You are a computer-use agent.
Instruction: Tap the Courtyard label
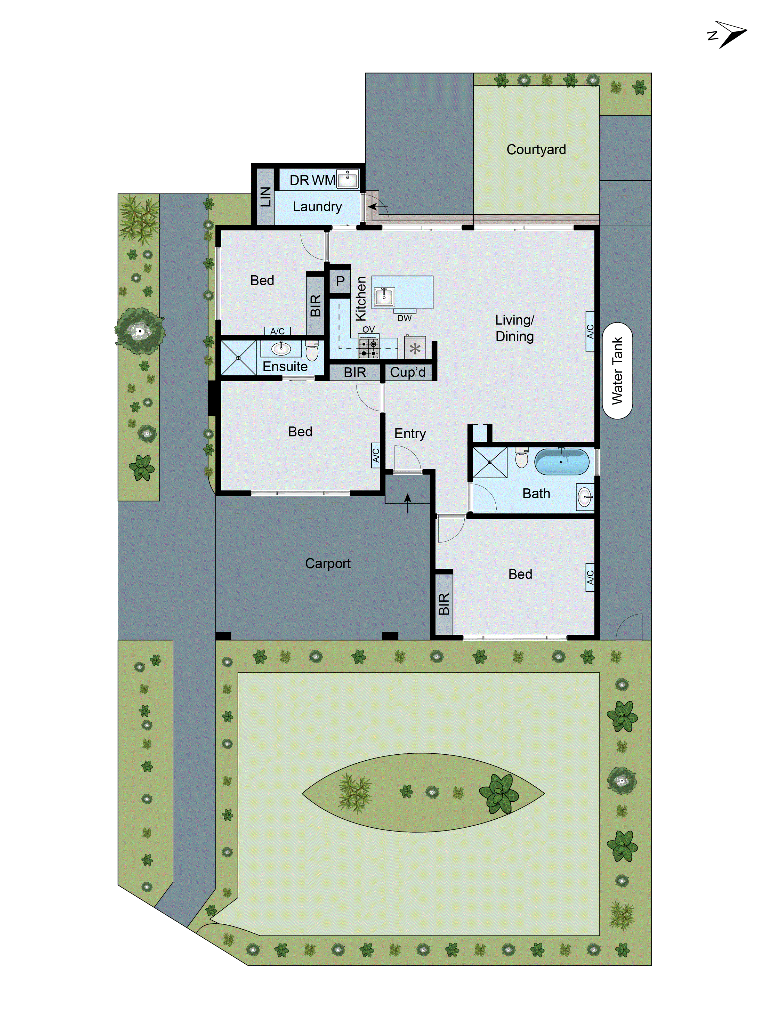point(536,149)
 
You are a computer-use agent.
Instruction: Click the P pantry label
point(340,281)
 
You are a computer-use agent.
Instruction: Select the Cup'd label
point(408,372)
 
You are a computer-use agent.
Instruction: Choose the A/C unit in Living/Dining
point(590,331)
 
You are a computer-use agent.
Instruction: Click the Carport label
point(327,563)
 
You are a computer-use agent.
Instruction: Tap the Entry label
point(410,433)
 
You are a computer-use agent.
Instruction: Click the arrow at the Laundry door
point(376,206)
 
